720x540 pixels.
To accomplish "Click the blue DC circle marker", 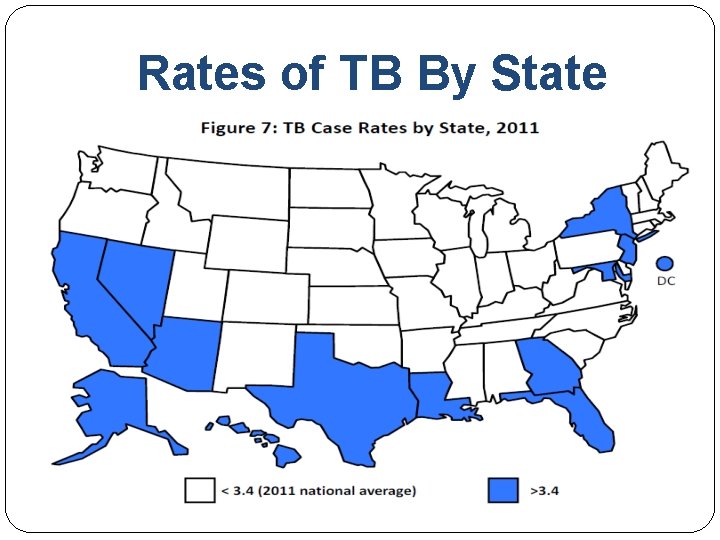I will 665,263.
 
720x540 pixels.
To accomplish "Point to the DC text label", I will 666,281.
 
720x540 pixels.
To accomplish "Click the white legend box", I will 200,490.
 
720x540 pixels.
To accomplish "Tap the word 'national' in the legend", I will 335,491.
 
